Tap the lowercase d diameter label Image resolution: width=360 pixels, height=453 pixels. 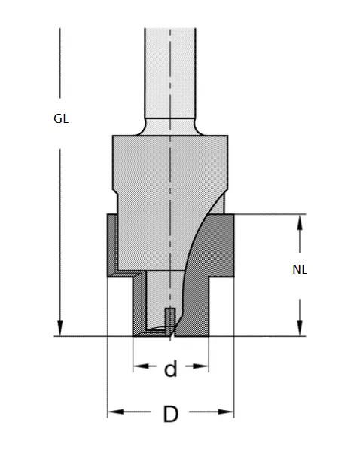pyautogui.click(x=170, y=369)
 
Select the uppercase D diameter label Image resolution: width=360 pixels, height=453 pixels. pyautogui.click(x=170, y=414)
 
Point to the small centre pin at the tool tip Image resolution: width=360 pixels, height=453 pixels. pyautogui.click(x=170, y=320)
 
